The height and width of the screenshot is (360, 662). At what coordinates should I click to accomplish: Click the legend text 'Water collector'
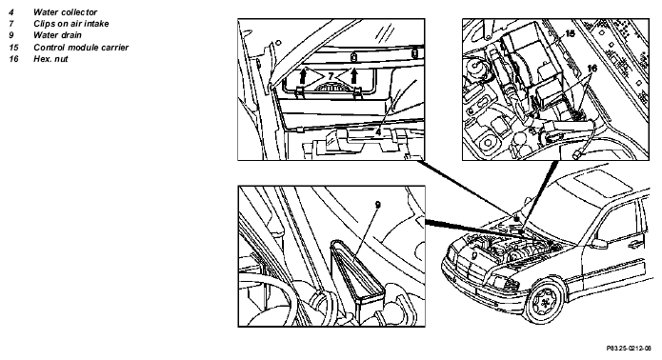coord(66,12)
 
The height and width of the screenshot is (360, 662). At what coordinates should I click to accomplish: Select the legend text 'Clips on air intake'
coord(70,24)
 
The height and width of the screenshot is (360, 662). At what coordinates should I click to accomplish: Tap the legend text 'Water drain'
coord(57,35)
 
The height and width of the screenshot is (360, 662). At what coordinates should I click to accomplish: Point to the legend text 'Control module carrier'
coord(81,48)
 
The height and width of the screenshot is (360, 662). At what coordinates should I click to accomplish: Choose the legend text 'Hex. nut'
coord(50,59)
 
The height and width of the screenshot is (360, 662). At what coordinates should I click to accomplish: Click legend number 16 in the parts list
coord(14,59)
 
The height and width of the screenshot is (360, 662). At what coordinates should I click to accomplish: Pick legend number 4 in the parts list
coord(11,12)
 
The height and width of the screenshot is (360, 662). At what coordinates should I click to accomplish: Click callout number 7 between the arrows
coord(331,76)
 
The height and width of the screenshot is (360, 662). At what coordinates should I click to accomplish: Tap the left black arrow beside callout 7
coord(302,76)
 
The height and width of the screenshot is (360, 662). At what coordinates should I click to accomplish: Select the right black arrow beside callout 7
coord(353,76)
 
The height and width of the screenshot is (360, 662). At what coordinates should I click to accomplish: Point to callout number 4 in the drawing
coord(378,132)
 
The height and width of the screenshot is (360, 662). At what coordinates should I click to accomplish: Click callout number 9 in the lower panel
coord(378,205)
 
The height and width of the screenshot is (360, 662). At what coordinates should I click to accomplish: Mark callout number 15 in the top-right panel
coord(570,33)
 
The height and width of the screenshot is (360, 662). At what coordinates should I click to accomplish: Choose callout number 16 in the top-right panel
coord(592,68)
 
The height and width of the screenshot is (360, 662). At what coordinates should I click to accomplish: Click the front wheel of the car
coord(546,301)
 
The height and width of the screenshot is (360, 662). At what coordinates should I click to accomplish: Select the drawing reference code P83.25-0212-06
coord(629,349)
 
